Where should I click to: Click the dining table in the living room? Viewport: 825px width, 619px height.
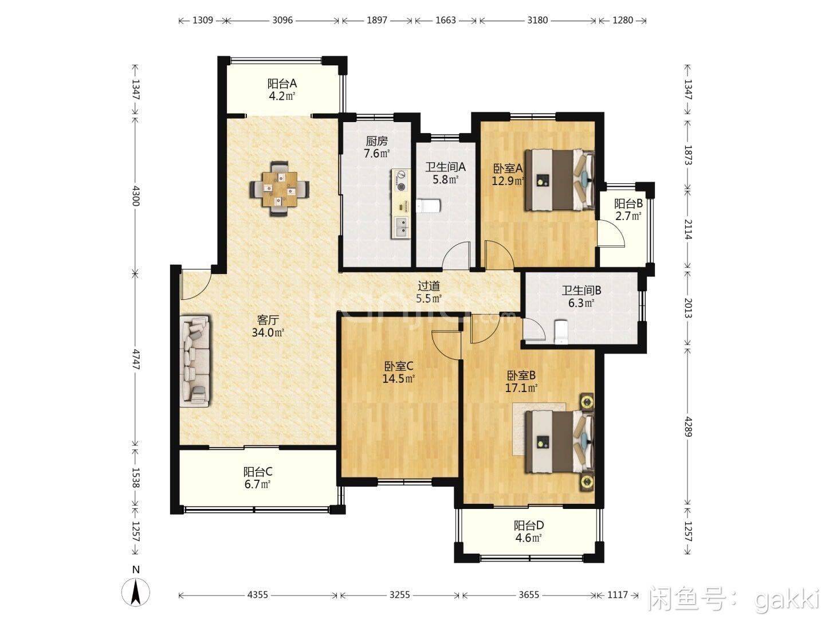pyautogui.click(x=279, y=189)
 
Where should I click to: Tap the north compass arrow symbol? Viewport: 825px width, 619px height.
pyautogui.click(x=136, y=592)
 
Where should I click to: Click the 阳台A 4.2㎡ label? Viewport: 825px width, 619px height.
pyautogui.click(x=282, y=89)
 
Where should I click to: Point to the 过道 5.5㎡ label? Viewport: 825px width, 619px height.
pyautogui.click(x=429, y=292)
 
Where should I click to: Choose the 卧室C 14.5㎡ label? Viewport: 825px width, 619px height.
pyautogui.click(x=398, y=372)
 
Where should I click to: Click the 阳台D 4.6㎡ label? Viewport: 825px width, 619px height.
pyautogui.click(x=528, y=531)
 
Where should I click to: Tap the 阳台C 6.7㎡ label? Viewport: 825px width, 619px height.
pyautogui.click(x=257, y=478)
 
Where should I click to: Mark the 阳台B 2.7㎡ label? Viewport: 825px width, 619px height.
pyautogui.click(x=628, y=210)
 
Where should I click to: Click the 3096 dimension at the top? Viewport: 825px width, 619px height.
pyautogui.click(x=282, y=20)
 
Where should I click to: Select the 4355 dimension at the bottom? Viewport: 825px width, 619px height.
pyautogui.click(x=257, y=595)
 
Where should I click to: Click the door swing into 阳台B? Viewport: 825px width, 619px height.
pyautogui.click(x=608, y=233)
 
